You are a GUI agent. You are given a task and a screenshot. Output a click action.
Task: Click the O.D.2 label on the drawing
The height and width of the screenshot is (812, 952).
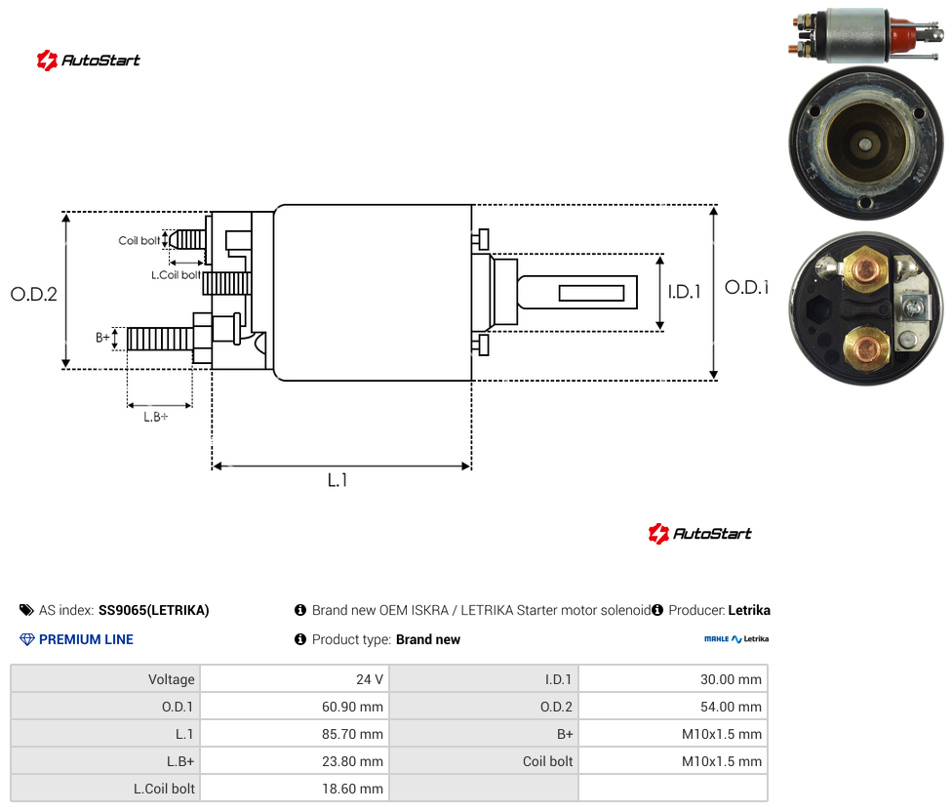(x=34, y=295)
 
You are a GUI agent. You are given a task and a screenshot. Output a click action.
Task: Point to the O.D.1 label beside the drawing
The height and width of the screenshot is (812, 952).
(x=747, y=287)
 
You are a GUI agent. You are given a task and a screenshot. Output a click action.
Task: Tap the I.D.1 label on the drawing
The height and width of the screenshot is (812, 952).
(x=685, y=292)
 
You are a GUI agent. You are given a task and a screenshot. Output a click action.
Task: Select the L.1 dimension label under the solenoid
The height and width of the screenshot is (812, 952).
(x=337, y=480)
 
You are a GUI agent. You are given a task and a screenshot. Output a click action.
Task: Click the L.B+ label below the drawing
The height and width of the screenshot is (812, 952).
(x=156, y=417)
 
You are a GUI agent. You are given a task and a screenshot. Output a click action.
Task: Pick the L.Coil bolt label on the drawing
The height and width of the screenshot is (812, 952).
(x=177, y=275)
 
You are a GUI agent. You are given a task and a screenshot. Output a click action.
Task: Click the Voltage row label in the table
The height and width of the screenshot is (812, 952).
(x=172, y=679)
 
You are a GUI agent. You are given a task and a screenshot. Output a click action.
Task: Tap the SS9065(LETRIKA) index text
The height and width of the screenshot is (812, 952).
(x=153, y=610)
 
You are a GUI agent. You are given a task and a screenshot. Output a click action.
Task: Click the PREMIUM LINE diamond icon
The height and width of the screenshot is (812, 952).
(x=27, y=639)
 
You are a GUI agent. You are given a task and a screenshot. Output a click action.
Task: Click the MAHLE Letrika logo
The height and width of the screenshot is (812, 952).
(x=736, y=639)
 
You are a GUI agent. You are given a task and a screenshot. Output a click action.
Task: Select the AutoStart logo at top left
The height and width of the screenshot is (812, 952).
(x=88, y=61)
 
